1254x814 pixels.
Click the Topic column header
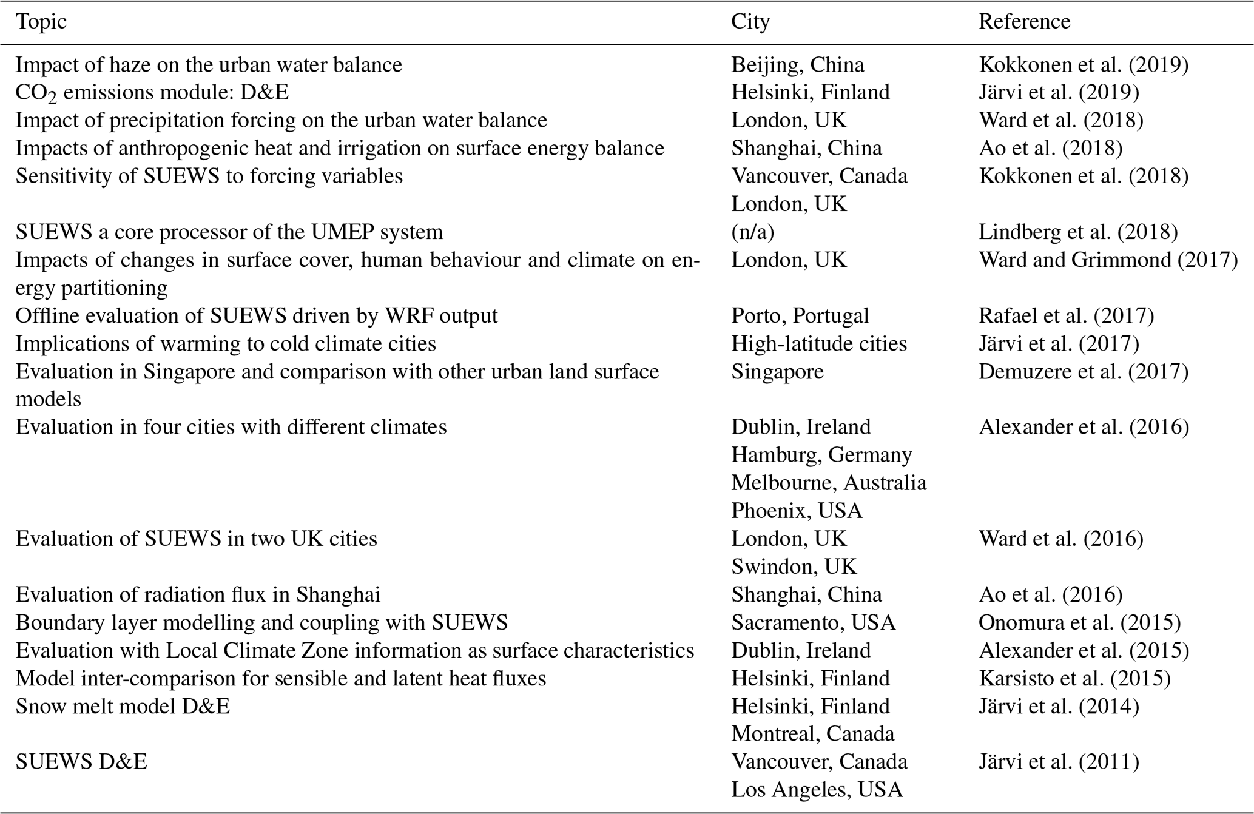point(41,22)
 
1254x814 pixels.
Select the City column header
point(750,22)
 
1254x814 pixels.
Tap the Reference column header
point(1024,22)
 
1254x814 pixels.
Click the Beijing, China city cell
point(797,65)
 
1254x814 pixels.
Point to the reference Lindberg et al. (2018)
point(1078,232)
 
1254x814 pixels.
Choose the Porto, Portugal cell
point(800,315)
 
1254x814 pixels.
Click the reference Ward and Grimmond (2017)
point(1108,260)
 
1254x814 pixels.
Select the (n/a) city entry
point(752,232)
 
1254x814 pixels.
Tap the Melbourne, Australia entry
point(829,483)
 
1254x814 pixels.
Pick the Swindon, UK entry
point(794,567)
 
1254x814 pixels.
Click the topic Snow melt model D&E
point(123,706)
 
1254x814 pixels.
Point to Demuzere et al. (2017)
point(1084,371)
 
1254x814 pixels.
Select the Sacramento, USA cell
point(813,622)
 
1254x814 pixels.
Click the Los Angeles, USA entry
point(817,790)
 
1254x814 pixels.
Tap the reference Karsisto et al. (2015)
point(1074,678)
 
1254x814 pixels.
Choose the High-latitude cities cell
point(819,343)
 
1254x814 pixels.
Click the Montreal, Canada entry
point(812,734)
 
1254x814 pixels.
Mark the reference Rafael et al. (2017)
point(1066,315)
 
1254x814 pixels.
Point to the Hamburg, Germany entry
point(821,455)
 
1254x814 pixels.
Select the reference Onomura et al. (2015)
point(1079,622)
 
